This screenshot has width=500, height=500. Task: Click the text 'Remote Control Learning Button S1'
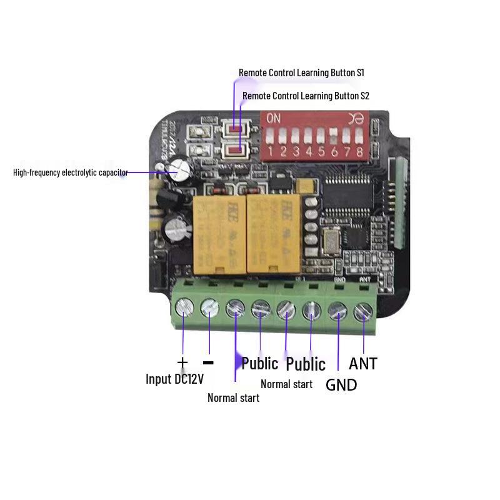click(301, 73)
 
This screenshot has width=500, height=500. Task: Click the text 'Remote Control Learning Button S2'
click(306, 96)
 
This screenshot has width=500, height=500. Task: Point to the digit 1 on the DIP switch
click(271, 152)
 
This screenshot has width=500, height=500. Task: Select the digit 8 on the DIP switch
click(359, 152)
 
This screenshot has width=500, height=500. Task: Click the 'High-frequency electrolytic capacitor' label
click(71, 172)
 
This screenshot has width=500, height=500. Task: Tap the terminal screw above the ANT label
click(362, 311)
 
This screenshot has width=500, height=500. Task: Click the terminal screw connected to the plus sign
click(184, 307)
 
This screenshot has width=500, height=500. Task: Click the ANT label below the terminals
click(362, 363)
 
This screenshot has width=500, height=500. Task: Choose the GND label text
click(341, 385)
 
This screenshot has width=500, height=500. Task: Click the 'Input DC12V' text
click(174, 379)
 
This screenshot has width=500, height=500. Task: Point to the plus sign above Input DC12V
click(182, 362)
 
